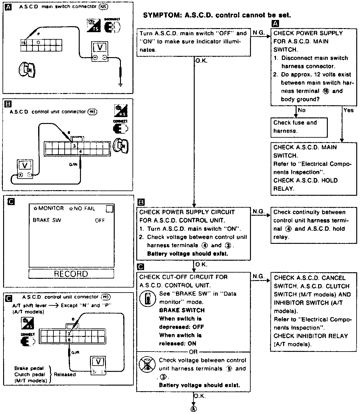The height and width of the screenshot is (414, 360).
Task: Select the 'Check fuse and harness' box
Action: [298, 127]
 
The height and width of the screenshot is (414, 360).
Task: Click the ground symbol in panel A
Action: [121, 84]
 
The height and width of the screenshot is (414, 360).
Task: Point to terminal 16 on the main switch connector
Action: [24, 42]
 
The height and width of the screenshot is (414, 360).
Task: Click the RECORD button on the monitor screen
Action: [71, 274]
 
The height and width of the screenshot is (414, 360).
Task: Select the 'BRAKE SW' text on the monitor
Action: [47, 220]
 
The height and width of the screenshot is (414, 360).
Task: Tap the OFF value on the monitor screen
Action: [100, 220]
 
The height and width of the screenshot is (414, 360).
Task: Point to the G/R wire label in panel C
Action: [75, 352]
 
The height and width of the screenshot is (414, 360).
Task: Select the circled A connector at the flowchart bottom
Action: [194, 408]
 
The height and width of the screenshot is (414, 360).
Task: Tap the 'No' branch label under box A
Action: [302, 110]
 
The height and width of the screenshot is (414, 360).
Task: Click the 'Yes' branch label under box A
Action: [348, 110]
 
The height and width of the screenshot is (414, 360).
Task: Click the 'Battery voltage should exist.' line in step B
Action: [187, 254]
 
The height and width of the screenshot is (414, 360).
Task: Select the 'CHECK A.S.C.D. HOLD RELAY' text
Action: [305, 184]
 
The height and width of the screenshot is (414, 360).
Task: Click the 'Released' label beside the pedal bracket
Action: [65, 374]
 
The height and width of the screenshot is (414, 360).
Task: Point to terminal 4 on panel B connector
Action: [80, 152]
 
